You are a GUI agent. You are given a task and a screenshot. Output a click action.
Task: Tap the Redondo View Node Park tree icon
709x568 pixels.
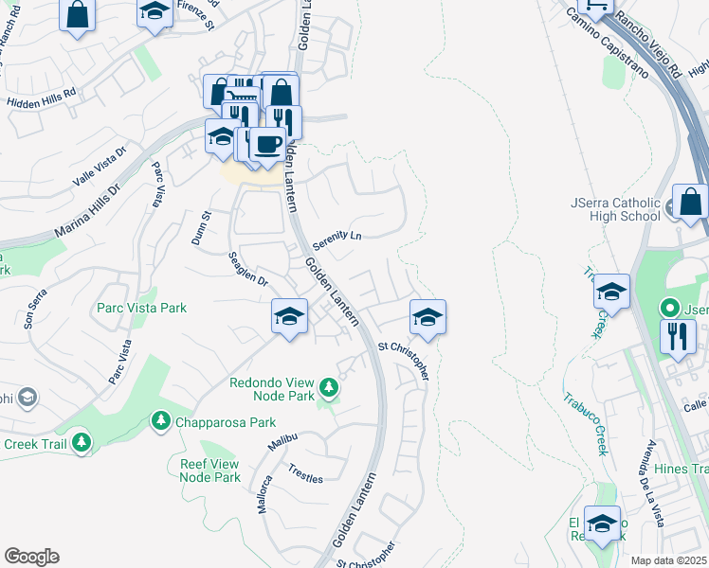pos(328,386)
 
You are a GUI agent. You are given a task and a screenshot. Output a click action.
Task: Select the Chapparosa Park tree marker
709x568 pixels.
pos(161,420)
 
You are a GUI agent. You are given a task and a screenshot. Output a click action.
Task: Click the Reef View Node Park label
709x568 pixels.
pos(210,470)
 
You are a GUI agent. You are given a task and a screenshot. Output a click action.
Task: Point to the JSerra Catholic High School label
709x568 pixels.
pos(615,208)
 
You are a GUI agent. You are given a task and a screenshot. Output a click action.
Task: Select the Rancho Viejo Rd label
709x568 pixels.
pos(648,44)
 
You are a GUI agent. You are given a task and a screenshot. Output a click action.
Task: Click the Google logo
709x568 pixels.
pos(30,557)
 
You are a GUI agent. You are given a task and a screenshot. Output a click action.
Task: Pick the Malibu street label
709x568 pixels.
pos(283,442)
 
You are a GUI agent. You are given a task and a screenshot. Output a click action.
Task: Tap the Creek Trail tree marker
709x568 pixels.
pos(82,441)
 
